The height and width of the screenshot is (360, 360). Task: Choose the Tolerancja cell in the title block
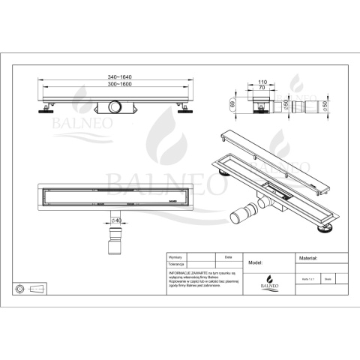click(x=177, y=264)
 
